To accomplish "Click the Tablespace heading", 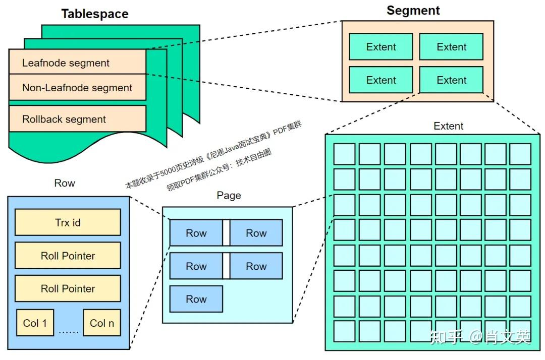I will [95, 14].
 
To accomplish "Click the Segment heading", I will [413, 11].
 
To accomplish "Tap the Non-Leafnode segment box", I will [77, 88].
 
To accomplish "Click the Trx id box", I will [68, 222].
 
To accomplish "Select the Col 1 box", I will [35, 323].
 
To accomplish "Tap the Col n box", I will [102, 323].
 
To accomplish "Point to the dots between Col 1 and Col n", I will [68, 331].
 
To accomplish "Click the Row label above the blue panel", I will [65, 183].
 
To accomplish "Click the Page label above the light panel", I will [229, 196].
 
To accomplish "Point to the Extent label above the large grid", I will [448, 126].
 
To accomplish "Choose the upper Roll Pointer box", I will [68, 256].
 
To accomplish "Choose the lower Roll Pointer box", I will [68, 288].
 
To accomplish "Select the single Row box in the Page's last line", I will [196, 299].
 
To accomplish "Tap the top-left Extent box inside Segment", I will [381, 47].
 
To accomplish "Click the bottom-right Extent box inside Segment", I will [451, 80].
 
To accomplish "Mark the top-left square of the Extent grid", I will [344, 154].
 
